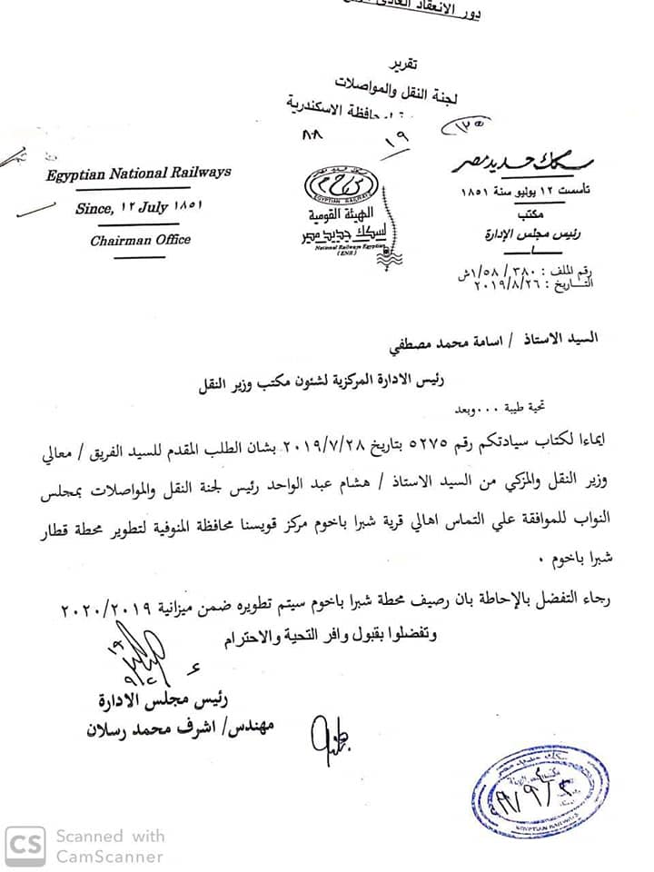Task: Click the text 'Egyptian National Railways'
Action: pyautogui.click(x=139, y=173)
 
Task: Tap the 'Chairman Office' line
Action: pyautogui.click(x=140, y=241)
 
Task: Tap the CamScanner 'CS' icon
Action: pyautogui.click(x=25, y=845)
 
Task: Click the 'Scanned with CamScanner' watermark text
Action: pyautogui.click(x=110, y=845)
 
